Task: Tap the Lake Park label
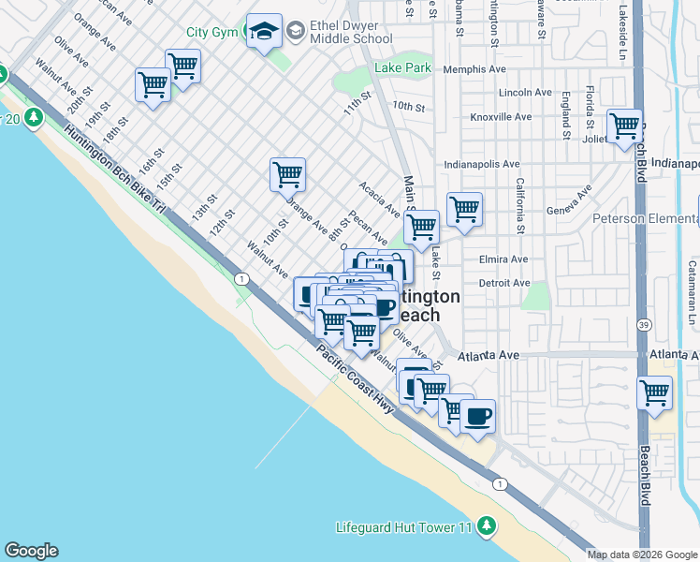pyautogui.click(x=402, y=67)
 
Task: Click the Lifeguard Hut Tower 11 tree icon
pyautogui.click(x=486, y=526)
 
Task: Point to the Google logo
pyautogui.click(x=31, y=551)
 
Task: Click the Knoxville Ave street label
pyautogui.click(x=501, y=117)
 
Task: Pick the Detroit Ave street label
pyautogui.click(x=504, y=283)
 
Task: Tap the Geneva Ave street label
pyautogui.click(x=570, y=202)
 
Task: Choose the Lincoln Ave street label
pyautogui.click(x=525, y=93)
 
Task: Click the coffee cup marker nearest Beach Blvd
pyautogui.click(x=477, y=416)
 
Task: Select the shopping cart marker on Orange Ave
pyautogui.click(x=287, y=174)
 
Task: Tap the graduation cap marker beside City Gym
pyautogui.click(x=264, y=33)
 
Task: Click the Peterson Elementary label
pyautogui.click(x=646, y=219)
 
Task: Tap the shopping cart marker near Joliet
pyautogui.click(x=624, y=126)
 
